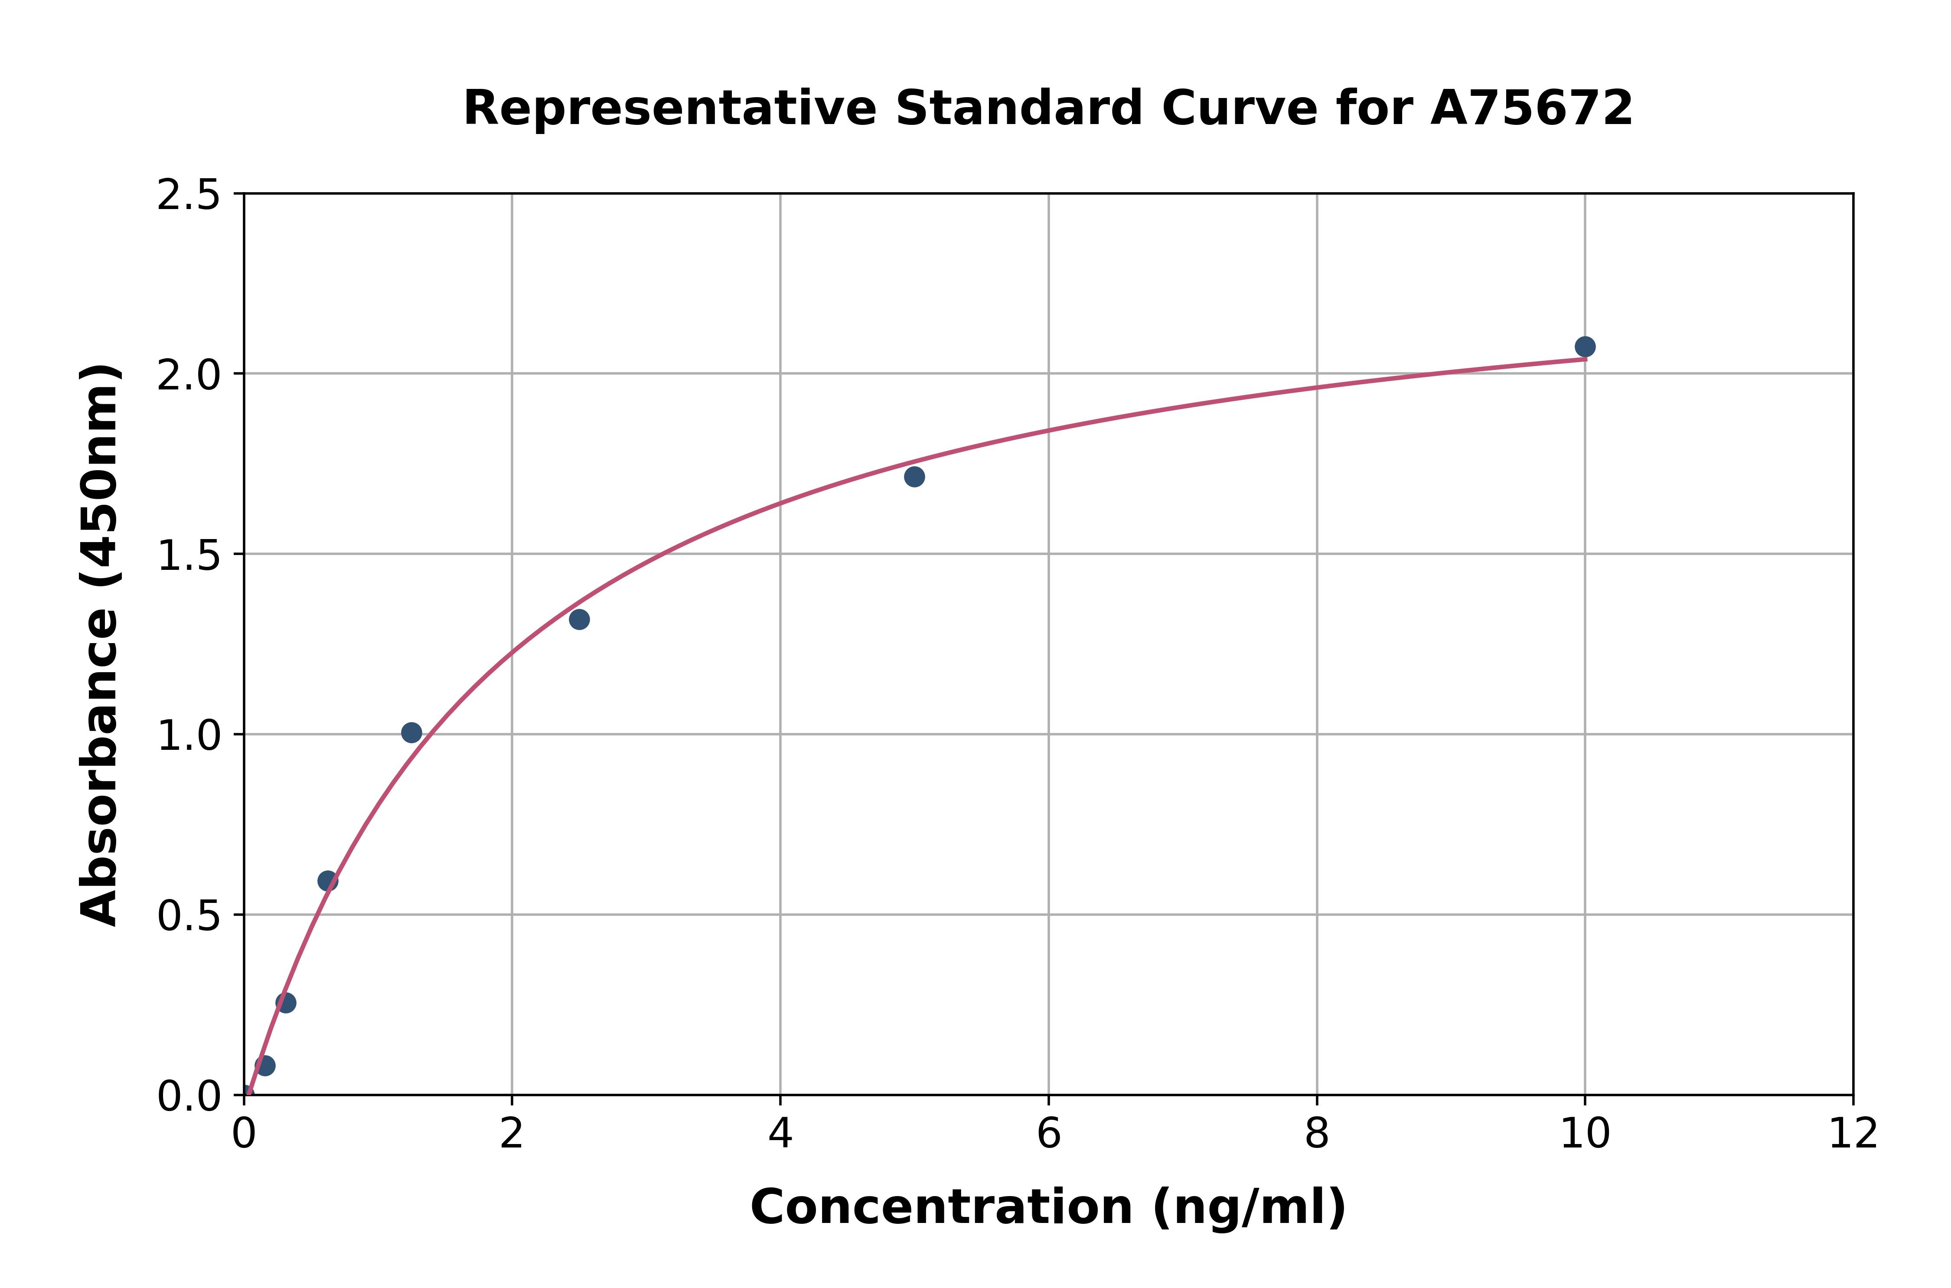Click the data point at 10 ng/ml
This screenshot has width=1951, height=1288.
1585,347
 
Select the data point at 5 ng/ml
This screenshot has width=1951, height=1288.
914,477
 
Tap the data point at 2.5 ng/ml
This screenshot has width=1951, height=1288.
579,619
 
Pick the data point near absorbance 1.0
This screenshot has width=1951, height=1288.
411,733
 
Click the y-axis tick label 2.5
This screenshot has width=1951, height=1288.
189,196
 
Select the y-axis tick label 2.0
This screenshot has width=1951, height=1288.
189,376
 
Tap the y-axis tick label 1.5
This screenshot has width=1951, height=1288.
189,556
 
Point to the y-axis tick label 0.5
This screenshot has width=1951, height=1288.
189,916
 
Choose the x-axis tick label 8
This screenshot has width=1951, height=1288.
1316,1135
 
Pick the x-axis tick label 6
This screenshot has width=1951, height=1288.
1049,1135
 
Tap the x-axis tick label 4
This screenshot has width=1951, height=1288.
780,1135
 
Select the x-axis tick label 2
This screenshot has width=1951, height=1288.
512,1135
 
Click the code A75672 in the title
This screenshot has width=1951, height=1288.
1531,108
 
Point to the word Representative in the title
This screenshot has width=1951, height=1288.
670,108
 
